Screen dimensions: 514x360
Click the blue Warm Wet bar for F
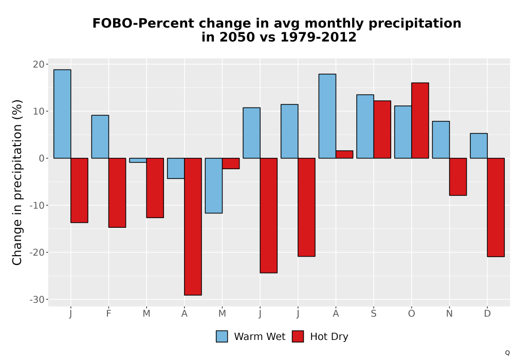pyautogui.click(x=100, y=137)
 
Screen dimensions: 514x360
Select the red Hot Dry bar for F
pyautogui.click(x=117, y=193)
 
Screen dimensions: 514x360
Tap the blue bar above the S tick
pyautogui.click(x=365, y=127)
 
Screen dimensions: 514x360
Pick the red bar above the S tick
pyautogui.click(x=382, y=130)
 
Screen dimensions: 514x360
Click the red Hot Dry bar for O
pyautogui.click(x=420, y=120)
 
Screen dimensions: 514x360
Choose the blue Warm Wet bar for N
pyautogui.click(x=441, y=140)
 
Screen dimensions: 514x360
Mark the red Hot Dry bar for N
pyautogui.click(x=458, y=177)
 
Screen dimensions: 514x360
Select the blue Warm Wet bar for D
pyautogui.click(x=479, y=146)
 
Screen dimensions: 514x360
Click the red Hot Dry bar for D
pyautogui.click(x=496, y=207)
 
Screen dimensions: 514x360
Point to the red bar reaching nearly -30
pyautogui.click(x=193, y=227)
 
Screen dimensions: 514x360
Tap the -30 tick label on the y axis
pyautogui.click(x=37, y=300)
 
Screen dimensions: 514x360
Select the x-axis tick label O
pyautogui.click(x=411, y=314)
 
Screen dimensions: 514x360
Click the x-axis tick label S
pyautogui.click(x=374, y=314)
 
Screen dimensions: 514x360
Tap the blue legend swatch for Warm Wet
pyautogui.click(x=222, y=336)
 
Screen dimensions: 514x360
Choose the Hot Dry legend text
pyautogui.click(x=329, y=337)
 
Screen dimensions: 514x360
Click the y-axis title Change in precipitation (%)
pyautogui.click(x=17, y=182)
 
